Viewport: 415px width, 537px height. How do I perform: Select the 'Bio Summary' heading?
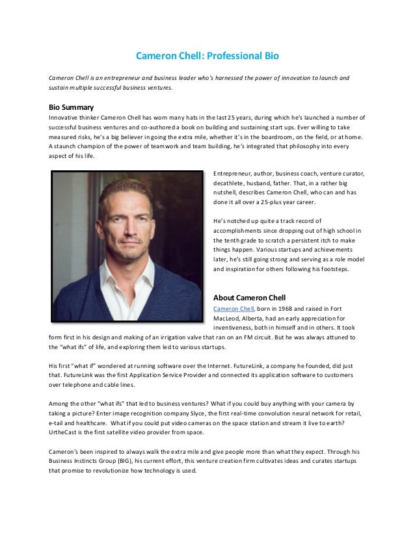(x=72, y=107)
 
